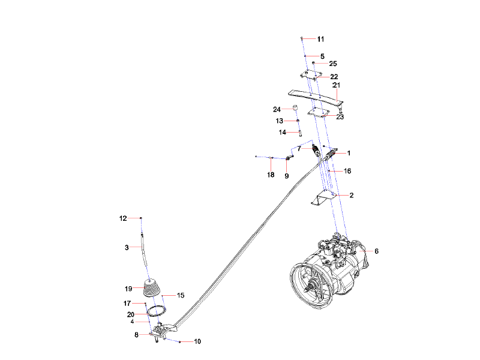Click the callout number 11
tap(320, 39)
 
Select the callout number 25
tap(333, 63)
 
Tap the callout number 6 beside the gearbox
tap(376, 251)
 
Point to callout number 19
tap(128, 288)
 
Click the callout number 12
tap(123, 218)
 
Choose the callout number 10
tap(197, 341)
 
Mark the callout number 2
tap(351, 195)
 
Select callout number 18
tap(271, 175)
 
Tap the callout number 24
tap(277, 110)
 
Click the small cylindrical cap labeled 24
tap(296, 108)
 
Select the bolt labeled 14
tap(299, 133)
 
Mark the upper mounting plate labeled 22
tap(310, 76)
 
